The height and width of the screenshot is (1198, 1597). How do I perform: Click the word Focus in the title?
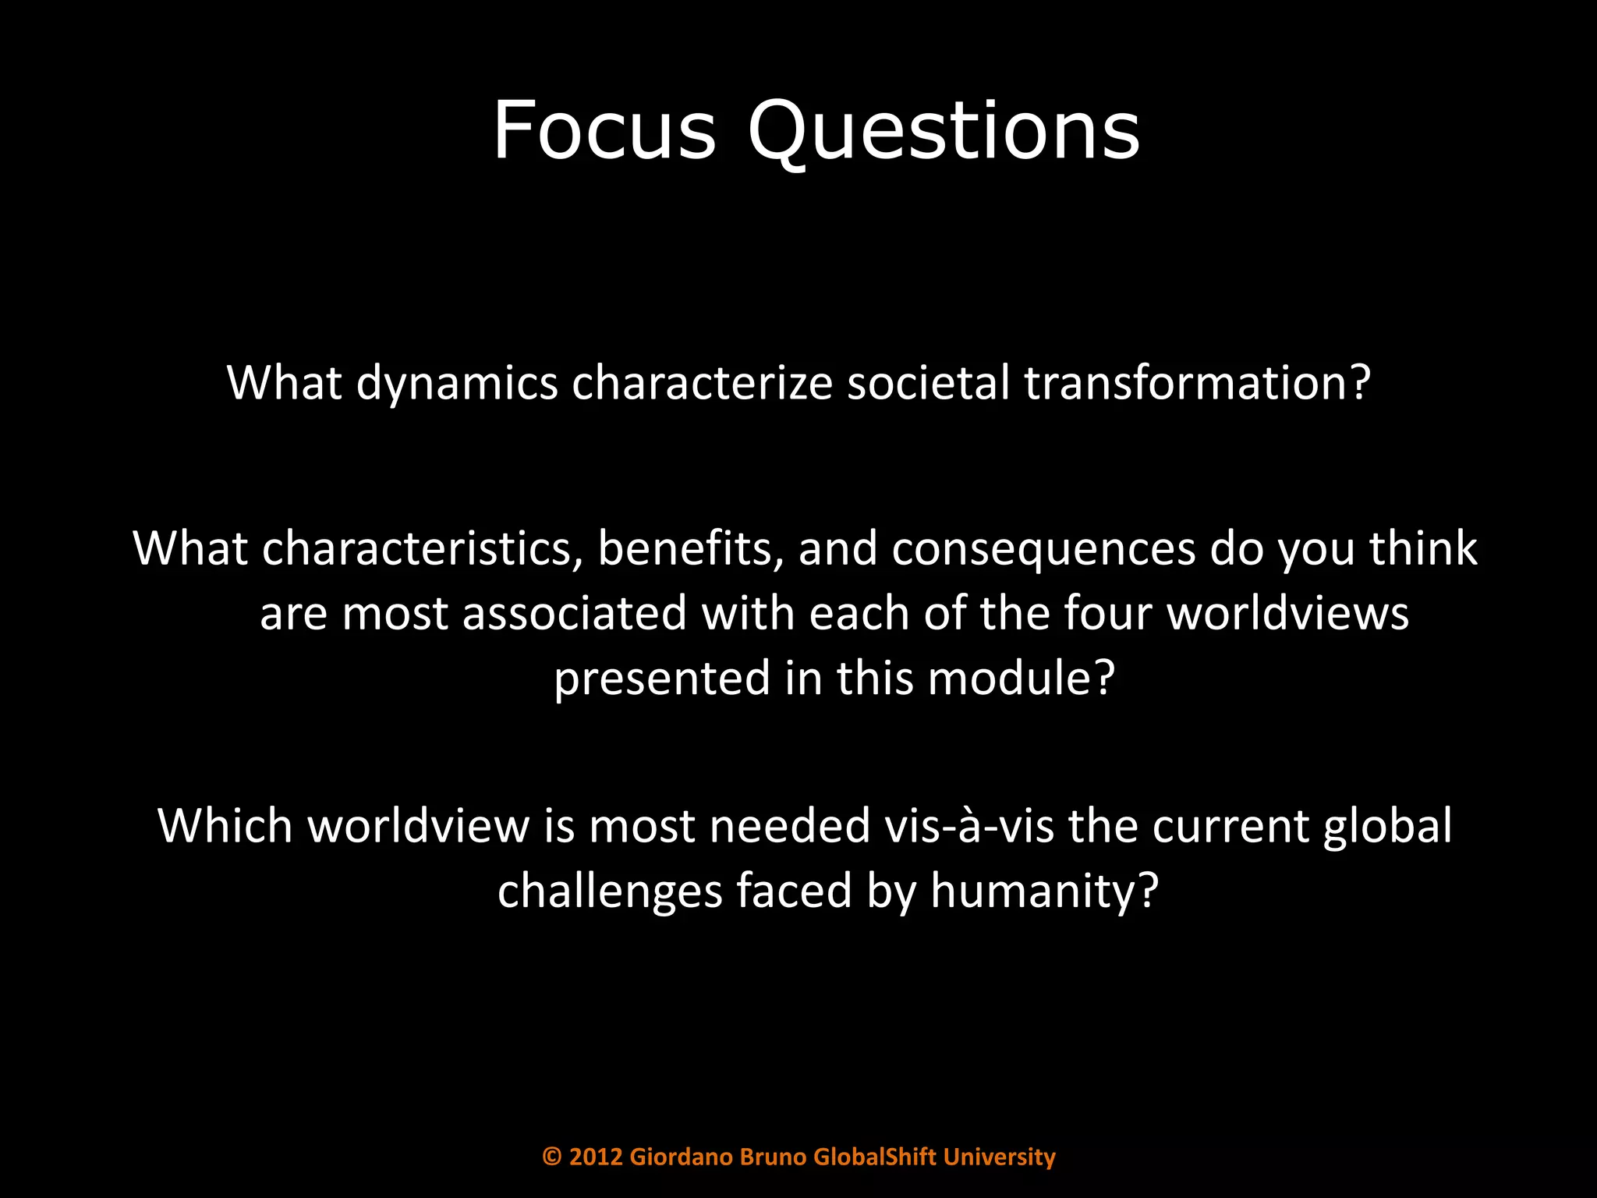604,130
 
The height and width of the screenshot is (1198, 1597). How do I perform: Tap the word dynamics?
457,384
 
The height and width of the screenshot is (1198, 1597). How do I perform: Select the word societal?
928,384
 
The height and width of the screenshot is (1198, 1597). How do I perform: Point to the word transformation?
1196,384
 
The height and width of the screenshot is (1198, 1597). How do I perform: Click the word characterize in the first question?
702,384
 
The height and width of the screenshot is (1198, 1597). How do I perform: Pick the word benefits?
690,548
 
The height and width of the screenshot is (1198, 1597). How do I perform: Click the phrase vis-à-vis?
968,826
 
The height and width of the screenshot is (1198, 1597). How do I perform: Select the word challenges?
610,891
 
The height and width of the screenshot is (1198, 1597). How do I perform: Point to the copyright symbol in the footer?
551,1157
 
